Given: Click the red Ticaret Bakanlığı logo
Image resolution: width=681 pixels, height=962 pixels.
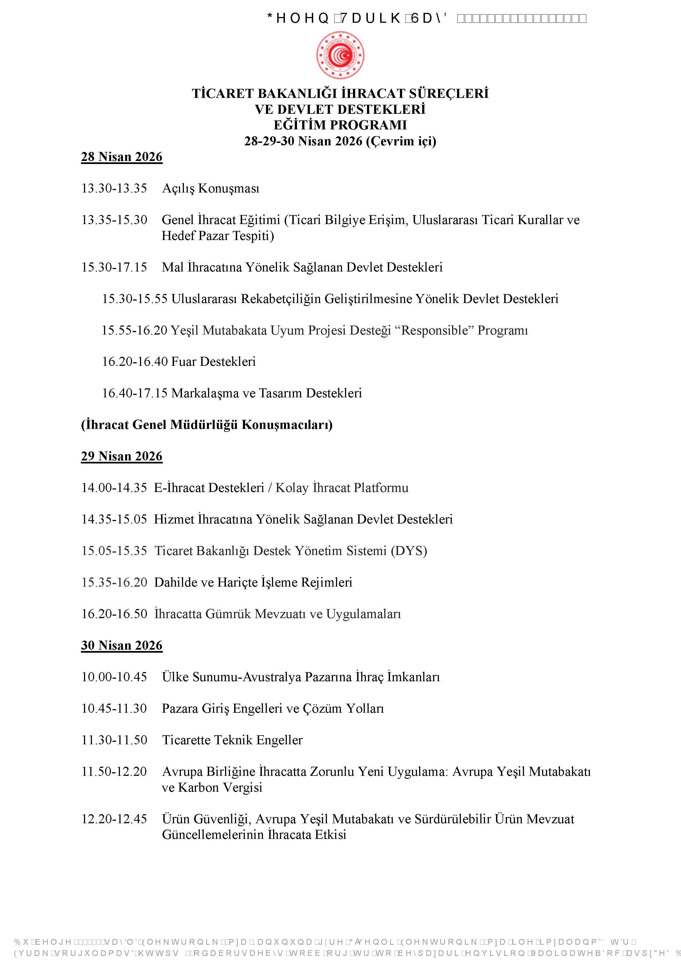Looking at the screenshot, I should tap(340, 55).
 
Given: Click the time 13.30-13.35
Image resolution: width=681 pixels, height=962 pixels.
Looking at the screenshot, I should tap(114, 188).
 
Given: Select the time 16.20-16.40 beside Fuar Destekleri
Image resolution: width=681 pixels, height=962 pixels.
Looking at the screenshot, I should tap(134, 362).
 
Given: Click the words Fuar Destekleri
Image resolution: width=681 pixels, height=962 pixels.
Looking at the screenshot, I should tap(214, 362).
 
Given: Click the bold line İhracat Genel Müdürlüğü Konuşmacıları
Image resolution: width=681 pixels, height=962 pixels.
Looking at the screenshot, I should tap(207, 425).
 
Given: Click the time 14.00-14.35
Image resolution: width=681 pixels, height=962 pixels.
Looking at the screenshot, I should tap(114, 488).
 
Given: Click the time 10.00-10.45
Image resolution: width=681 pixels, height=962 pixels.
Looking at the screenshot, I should tap(114, 677).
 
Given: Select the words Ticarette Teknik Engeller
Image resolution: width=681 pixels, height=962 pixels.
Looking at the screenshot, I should tap(232, 740).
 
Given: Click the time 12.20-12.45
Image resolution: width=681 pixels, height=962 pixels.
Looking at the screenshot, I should tap(114, 819).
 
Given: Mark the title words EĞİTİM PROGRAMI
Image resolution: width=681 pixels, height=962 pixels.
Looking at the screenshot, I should tap(340, 125).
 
